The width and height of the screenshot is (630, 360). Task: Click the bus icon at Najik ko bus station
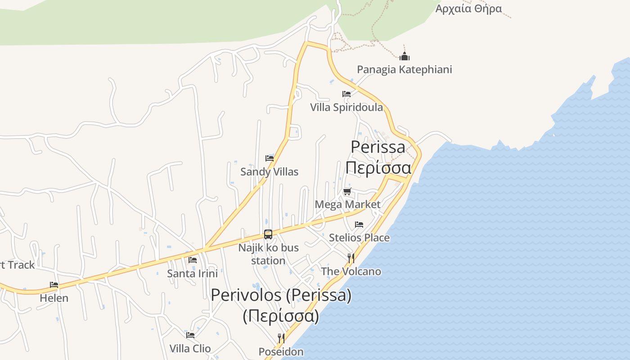[x=268, y=234]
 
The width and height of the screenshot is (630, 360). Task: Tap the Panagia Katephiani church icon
[x=405, y=56]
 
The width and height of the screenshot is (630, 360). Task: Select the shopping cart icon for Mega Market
[x=347, y=192]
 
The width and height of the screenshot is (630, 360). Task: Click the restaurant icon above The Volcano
[x=351, y=258]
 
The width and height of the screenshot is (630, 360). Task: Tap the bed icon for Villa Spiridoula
[x=346, y=94]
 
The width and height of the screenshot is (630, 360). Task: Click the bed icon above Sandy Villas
[x=270, y=158]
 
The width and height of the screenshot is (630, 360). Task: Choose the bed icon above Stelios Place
[x=359, y=224]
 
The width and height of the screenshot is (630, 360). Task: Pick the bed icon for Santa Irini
[x=193, y=260]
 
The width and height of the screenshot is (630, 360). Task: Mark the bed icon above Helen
[x=54, y=285]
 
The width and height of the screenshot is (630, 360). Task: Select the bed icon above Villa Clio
[x=190, y=335]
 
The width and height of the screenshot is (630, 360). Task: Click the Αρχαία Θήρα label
[x=468, y=9]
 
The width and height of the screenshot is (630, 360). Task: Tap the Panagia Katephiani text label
[x=404, y=70]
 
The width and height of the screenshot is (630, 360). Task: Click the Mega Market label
[x=347, y=205]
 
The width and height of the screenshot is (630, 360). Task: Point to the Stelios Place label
[x=359, y=238]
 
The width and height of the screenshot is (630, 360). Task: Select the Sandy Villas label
[x=269, y=172]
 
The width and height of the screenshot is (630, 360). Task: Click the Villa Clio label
[x=190, y=349]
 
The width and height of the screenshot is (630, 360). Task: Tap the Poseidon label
[x=281, y=352]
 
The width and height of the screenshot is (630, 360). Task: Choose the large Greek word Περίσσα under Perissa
[x=378, y=168]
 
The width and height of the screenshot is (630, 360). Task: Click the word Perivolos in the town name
[x=246, y=295]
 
